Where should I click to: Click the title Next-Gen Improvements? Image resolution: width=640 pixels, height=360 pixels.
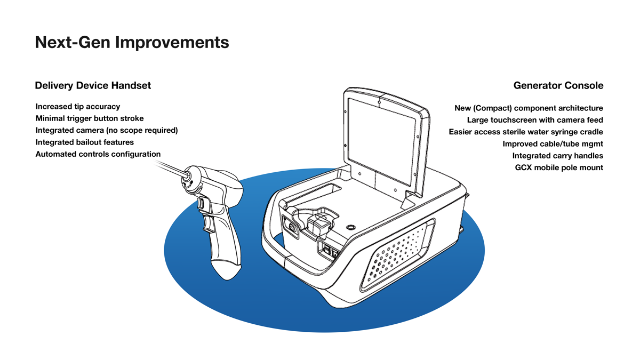tap(132, 42)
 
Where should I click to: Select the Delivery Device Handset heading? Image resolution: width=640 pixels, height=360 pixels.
tap(93, 85)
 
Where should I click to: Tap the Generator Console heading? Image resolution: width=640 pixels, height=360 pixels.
tap(558, 85)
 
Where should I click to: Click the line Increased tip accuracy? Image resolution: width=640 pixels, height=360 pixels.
tap(78, 107)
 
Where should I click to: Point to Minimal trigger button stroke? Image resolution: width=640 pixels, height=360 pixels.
tap(90, 118)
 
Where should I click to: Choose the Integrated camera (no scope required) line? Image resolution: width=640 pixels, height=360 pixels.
tap(107, 130)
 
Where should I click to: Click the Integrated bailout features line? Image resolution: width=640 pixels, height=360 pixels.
tap(85, 142)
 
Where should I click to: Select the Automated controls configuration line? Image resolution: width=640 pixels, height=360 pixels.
tap(98, 154)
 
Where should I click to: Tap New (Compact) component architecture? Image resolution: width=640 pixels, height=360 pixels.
tap(529, 108)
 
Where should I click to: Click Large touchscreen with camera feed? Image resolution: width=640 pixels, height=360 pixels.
tap(535, 120)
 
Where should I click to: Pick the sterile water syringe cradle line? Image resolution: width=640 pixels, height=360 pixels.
tap(526, 132)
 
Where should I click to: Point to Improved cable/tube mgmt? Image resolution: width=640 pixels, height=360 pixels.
tap(553, 144)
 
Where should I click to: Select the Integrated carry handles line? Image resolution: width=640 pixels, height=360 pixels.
tap(558, 156)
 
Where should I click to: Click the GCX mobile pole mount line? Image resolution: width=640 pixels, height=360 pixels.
tap(559, 167)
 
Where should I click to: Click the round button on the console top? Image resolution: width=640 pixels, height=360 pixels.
tap(350, 227)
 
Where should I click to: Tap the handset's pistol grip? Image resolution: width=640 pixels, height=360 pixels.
tap(221, 245)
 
